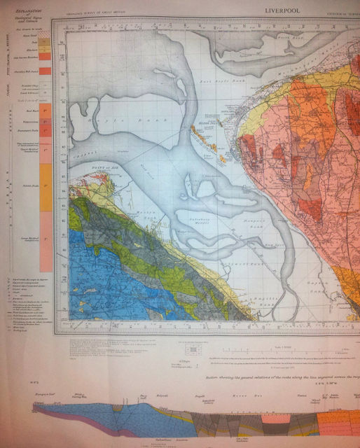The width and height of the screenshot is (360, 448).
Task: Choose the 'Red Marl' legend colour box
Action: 45,111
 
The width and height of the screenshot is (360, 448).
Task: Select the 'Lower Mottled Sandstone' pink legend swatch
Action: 45,238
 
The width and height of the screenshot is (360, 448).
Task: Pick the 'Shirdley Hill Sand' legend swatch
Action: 45,71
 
